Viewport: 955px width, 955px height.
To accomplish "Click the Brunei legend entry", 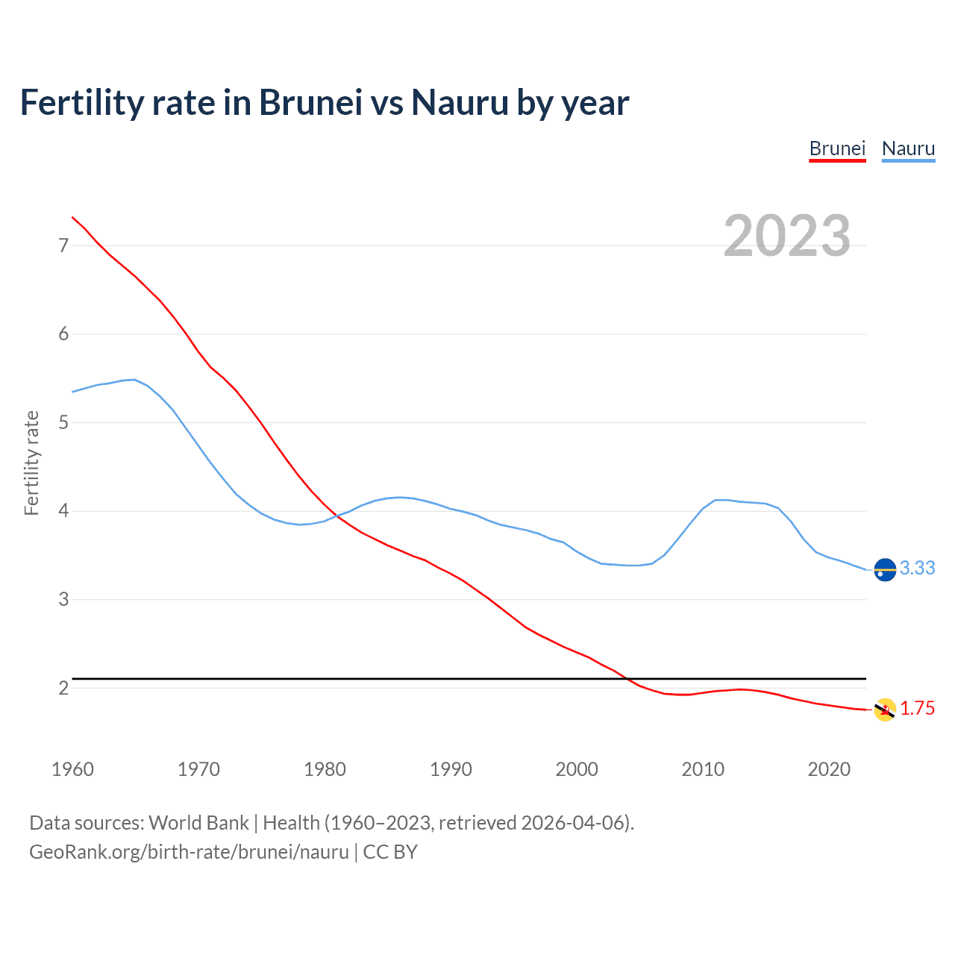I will coord(837,148).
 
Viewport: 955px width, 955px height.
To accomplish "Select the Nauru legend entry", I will coord(908,148).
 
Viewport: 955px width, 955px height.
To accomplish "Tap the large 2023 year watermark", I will coord(786,236).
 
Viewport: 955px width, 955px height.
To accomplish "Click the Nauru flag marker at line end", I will coord(885,569).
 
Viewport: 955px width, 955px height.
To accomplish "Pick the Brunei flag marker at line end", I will coord(885,710).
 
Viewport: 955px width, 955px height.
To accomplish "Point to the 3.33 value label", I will coord(917,569).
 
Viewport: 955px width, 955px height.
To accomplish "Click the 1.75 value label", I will coord(917,709).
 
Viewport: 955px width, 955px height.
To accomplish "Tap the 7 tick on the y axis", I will coord(63,245).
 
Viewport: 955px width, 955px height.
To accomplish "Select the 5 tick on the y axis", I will coord(63,422).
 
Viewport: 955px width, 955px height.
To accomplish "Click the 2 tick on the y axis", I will coord(63,688).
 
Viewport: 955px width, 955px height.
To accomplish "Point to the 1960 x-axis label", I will coord(72,769).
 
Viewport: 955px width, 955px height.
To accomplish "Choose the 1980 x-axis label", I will coord(325,769).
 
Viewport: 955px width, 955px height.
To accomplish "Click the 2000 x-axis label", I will coord(577,769).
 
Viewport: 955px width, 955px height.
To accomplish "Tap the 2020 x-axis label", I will coord(829,769).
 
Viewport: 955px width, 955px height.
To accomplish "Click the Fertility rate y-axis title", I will coord(31,463).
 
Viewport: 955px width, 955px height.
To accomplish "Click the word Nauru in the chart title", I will coord(460,103).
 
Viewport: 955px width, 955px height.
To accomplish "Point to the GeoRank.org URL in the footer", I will coord(189,852).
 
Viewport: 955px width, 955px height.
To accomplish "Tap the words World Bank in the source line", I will coord(198,823).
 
